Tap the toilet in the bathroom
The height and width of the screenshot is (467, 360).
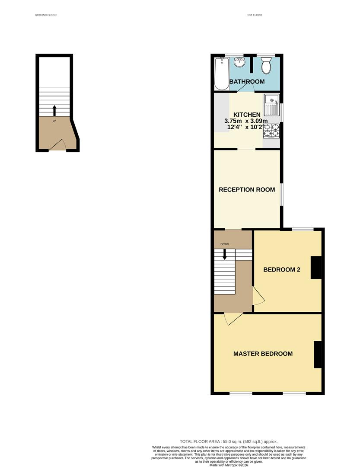(x=266, y=66)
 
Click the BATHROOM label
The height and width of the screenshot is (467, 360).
(x=247, y=82)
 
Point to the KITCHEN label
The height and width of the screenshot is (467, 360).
(x=247, y=115)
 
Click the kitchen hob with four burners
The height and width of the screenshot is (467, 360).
(x=271, y=130)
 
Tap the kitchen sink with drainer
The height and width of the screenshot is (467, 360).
(x=271, y=103)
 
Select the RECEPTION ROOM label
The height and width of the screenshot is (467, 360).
(x=247, y=189)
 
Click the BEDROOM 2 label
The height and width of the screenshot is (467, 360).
(x=282, y=269)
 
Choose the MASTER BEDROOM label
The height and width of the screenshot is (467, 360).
(x=263, y=354)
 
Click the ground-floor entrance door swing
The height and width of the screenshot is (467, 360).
(x=59, y=146)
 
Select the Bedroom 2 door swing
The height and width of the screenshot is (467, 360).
(x=259, y=297)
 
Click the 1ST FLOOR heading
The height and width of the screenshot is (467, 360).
(x=254, y=15)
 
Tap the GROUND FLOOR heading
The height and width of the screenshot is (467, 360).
(x=46, y=15)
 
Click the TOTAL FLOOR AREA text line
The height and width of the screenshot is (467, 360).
(x=229, y=441)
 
